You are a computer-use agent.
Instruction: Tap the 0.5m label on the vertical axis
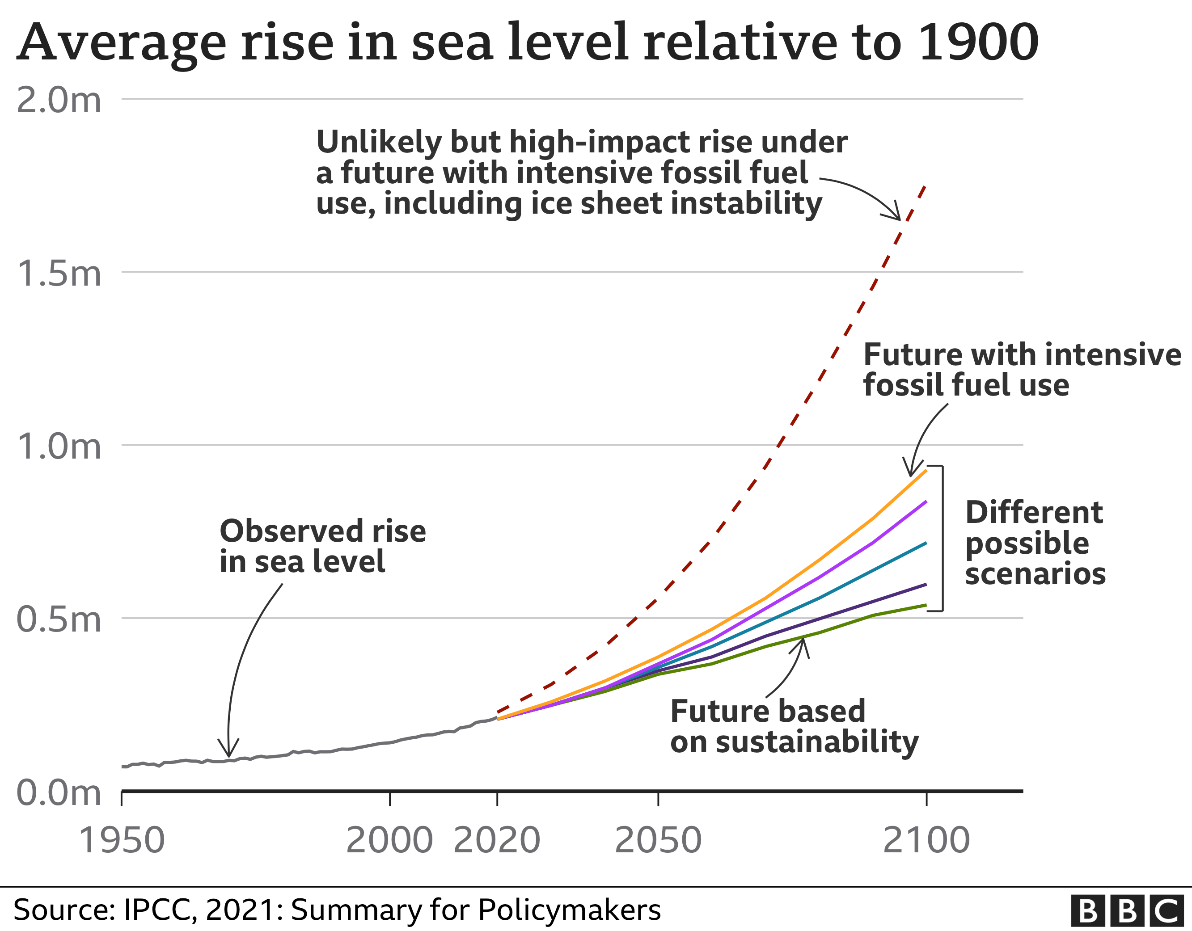[x=59, y=619]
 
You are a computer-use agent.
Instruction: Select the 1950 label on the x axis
[x=121, y=840]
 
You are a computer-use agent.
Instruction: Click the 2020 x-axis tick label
[x=497, y=840]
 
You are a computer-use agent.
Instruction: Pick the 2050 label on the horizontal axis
[x=658, y=840]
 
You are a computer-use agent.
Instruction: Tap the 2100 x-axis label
[x=926, y=840]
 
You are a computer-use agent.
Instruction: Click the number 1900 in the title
[x=978, y=42]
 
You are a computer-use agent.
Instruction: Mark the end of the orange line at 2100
[x=926, y=470]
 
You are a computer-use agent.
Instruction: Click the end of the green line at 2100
[x=926, y=605]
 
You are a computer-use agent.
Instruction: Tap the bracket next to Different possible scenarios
[x=942, y=538]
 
